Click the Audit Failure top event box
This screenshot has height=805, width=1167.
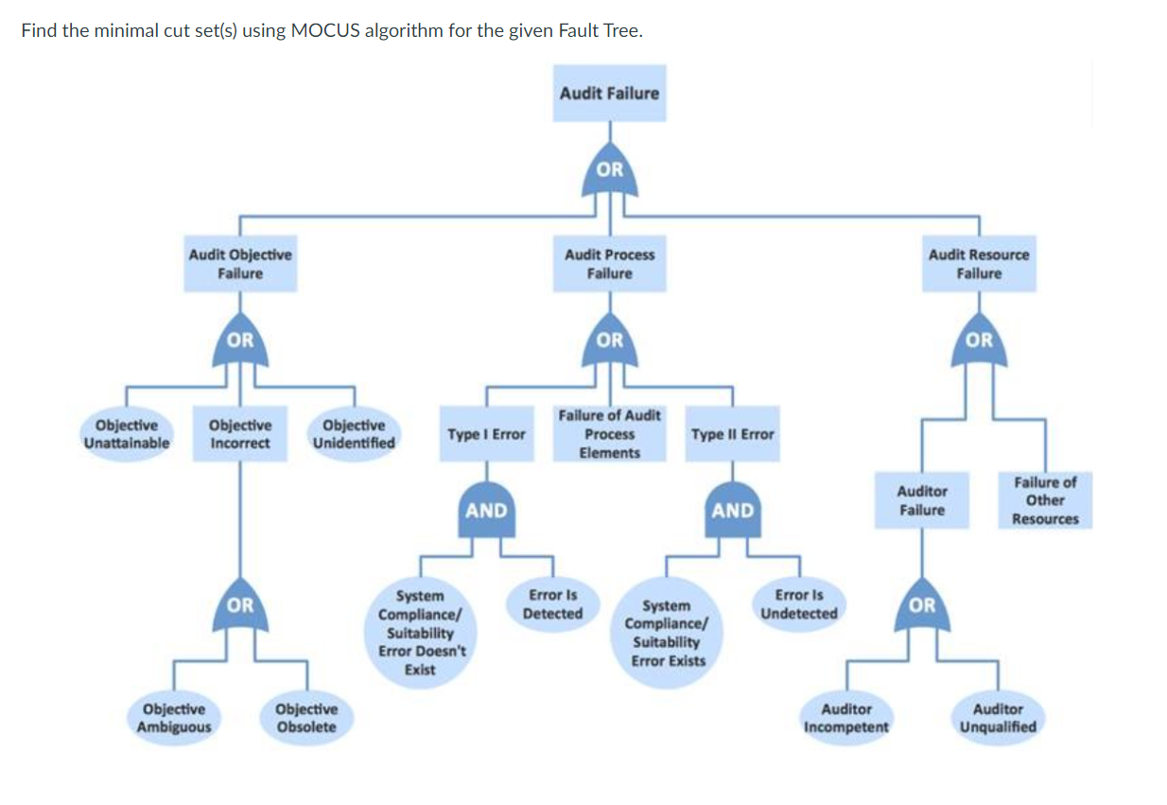(609, 93)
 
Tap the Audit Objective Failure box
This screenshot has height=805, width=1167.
(240, 264)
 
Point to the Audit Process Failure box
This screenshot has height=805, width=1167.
(609, 264)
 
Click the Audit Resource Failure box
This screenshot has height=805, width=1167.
(979, 264)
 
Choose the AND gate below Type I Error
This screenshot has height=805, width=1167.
(487, 512)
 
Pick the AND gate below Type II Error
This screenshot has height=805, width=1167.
(733, 512)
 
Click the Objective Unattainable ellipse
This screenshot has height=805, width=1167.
(127, 434)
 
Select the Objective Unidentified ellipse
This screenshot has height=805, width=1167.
(354, 434)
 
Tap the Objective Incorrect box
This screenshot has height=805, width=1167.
(240, 434)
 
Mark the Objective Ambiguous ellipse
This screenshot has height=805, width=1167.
(174, 718)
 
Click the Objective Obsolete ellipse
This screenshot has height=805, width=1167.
(305, 718)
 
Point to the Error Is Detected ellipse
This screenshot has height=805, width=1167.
(552, 604)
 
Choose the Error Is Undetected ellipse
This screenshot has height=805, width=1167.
(799, 604)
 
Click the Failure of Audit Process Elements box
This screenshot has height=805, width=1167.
(609, 434)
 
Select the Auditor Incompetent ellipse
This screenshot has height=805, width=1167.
(845, 718)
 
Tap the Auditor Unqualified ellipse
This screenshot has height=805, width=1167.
(998, 718)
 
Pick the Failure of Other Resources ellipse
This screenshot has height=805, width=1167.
(1044, 500)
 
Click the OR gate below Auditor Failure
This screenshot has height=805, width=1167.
(922, 606)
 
